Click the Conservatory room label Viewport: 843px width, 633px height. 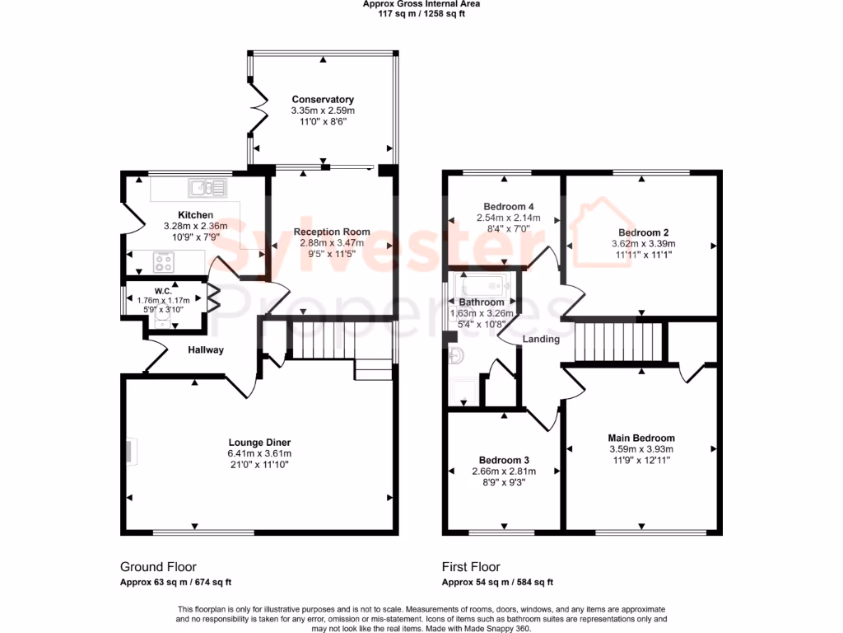323,100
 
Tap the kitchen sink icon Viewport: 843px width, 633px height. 207,189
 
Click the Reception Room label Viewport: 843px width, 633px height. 332,232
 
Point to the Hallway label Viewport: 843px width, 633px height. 205,349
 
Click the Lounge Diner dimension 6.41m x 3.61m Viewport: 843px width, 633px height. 259,453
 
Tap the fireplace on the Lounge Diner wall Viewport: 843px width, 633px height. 132,451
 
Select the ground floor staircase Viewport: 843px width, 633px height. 322,340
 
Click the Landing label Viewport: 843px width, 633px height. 541,339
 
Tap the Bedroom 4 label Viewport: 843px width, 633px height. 508,206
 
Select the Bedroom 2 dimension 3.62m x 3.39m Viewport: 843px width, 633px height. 643,244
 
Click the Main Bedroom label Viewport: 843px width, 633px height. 641,438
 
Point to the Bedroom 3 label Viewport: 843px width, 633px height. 504,460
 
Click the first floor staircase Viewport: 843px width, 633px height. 619,341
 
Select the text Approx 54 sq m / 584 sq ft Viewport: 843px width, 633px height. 497,582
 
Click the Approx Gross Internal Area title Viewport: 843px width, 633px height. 421,4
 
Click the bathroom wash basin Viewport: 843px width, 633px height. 457,355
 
